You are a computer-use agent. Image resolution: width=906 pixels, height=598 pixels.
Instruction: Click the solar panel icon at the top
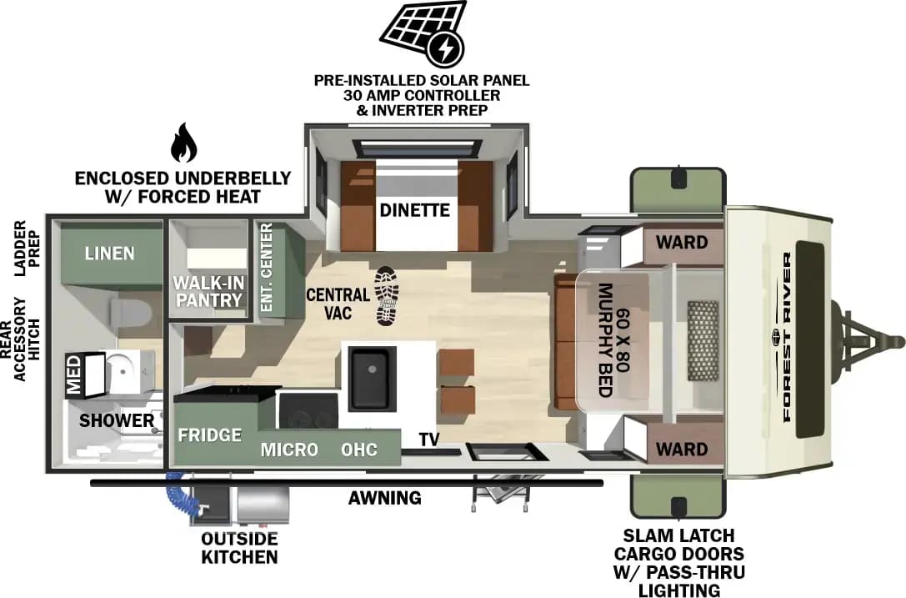(421, 33)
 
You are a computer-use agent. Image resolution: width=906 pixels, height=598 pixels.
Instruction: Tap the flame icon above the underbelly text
(183, 143)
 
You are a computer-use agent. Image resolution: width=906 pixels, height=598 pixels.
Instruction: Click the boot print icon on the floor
(387, 296)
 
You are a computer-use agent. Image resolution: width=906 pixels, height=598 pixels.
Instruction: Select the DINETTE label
(414, 210)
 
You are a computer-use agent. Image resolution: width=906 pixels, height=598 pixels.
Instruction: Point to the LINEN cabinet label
(109, 252)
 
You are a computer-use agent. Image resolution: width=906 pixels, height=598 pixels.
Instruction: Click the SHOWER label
(117, 420)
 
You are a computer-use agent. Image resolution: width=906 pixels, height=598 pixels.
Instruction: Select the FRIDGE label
(209, 435)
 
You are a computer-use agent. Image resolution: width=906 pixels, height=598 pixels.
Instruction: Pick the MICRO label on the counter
(289, 450)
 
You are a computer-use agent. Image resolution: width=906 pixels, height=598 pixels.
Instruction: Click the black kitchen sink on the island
(368, 379)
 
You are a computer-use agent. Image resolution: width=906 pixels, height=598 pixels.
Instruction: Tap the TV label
(429, 440)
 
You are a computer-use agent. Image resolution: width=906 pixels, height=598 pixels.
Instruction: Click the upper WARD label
(681, 243)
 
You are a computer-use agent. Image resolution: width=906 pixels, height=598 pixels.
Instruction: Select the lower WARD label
(681, 449)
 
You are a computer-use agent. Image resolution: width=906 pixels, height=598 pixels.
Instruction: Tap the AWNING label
(385, 498)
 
